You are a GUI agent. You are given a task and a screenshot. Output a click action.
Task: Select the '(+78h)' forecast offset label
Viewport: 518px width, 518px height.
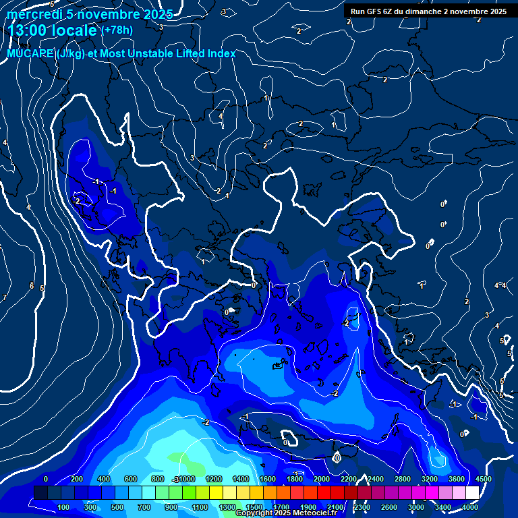117,30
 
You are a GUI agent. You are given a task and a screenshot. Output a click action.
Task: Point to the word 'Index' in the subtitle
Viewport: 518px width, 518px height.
221,54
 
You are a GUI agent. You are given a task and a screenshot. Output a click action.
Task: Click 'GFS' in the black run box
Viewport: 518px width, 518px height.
379,11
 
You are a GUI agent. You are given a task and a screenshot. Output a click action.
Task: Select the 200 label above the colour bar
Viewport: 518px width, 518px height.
77,479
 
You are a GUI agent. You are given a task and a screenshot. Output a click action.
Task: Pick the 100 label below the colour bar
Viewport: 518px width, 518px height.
63,507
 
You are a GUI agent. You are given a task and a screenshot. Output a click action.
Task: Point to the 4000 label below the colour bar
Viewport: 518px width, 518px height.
470,507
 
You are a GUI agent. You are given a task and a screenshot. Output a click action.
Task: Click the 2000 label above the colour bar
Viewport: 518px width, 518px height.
321,479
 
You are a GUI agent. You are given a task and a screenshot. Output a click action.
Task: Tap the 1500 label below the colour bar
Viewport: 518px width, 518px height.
254,507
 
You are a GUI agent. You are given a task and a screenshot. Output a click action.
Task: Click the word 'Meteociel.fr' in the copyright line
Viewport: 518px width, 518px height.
314,513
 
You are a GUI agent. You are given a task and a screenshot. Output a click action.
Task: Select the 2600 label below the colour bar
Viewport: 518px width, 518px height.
389,507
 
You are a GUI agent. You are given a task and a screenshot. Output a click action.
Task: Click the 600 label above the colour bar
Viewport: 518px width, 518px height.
131,479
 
